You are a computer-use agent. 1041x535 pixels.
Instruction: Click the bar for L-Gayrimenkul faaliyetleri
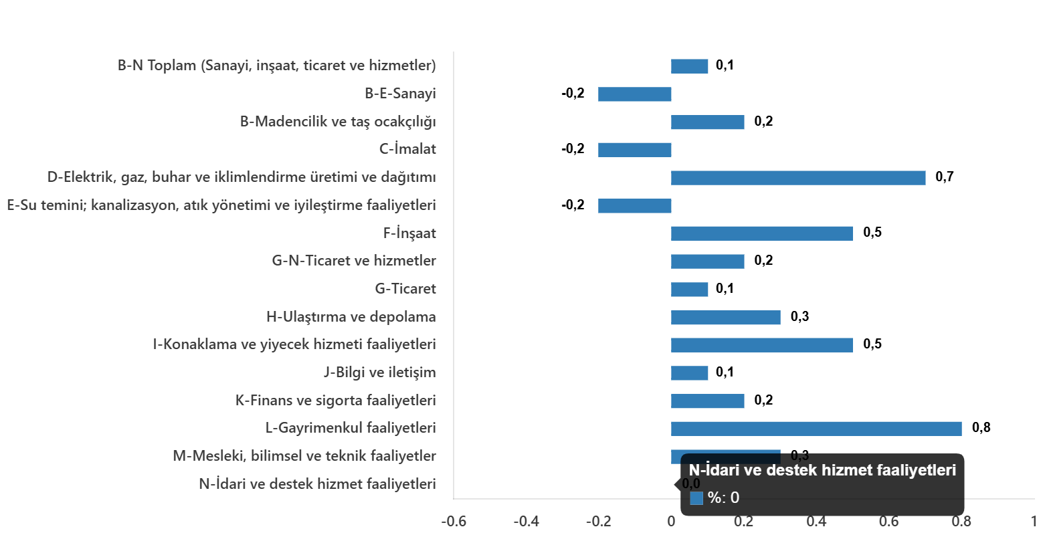tap(816, 429)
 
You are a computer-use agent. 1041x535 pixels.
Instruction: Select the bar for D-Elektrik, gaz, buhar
tap(798, 178)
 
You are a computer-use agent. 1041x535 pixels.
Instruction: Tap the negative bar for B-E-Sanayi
tap(634, 94)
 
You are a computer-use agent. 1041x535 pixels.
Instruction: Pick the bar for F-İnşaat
tap(761, 233)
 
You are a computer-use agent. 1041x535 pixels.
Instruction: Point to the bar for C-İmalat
tap(634, 150)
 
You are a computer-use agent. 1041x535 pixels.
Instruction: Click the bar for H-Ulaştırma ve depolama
tap(725, 318)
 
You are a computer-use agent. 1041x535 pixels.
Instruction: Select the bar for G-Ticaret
tap(689, 290)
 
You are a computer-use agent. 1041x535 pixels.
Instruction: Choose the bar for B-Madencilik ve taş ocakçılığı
tap(707, 122)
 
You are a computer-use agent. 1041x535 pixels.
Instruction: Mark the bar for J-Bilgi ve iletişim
tap(689, 373)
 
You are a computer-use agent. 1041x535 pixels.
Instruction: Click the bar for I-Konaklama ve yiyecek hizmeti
tap(761, 345)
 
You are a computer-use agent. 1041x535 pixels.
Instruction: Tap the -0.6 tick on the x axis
tap(454, 521)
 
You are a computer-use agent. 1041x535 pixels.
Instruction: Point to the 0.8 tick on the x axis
tap(962, 521)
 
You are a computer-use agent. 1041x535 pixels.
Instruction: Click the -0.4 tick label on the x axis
tap(526, 521)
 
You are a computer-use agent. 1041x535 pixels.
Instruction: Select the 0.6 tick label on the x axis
tap(889, 521)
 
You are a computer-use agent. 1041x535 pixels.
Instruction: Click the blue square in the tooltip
tap(696, 498)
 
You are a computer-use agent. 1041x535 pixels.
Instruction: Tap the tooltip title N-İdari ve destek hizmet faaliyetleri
tap(822, 471)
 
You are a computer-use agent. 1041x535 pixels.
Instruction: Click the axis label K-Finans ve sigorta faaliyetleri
tap(335, 401)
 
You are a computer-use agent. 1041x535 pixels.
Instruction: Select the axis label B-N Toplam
tap(276, 66)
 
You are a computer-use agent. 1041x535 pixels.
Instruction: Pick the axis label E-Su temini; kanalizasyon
tap(221, 205)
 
